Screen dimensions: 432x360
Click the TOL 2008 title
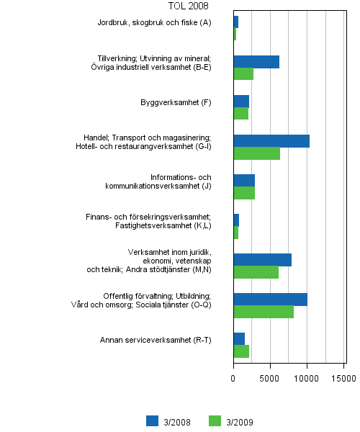click(188, 6)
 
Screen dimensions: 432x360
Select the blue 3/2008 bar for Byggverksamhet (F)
click(241, 102)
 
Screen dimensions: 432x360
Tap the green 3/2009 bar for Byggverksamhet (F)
click(240, 114)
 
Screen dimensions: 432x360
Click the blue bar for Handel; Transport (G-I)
click(271, 141)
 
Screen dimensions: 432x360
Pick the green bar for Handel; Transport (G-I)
click(256, 153)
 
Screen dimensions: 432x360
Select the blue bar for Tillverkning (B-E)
click(256, 62)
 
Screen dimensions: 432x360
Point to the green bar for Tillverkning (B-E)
click(243, 74)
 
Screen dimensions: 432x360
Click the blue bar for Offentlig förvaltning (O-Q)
click(270, 300)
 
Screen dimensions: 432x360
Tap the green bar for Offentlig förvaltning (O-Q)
click(264, 312)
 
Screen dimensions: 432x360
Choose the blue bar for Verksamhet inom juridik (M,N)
click(262, 260)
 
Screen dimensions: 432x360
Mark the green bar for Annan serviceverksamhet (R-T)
click(241, 351)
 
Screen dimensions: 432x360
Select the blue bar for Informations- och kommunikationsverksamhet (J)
click(244, 181)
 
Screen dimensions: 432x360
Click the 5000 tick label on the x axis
click(271, 377)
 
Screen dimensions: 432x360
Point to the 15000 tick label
click(344, 377)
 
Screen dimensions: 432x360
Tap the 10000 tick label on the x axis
click(307, 377)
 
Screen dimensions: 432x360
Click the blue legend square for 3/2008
click(152, 421)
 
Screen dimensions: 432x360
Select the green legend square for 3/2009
click(214, 421)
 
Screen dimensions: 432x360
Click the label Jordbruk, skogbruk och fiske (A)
click(155, 23)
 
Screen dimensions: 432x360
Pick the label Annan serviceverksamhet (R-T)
click(156, 340)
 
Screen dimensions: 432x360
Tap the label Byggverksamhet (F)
click(176, 102)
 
